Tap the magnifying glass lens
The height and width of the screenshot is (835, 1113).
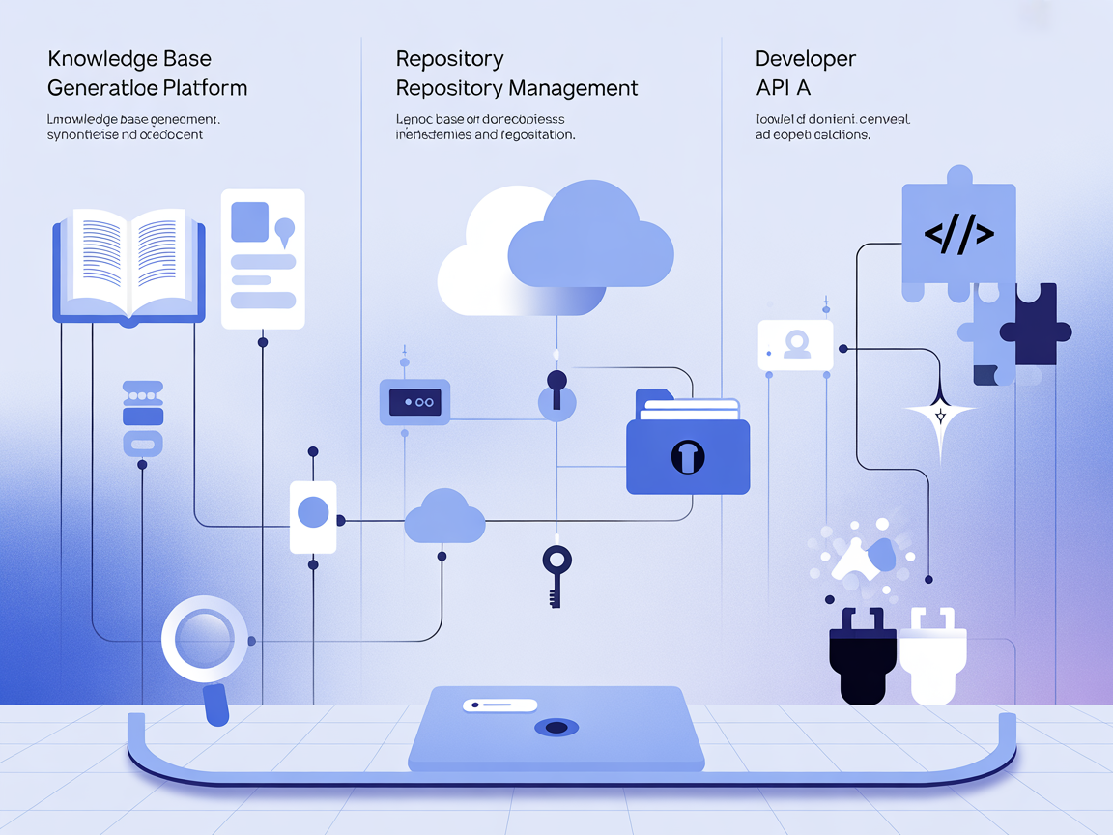204,640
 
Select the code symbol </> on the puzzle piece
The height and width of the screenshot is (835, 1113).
958,233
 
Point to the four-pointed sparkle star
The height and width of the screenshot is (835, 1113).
939,416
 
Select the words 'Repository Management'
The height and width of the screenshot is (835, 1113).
517,88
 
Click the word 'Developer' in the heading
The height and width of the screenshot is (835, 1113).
806,59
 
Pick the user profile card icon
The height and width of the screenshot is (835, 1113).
795,344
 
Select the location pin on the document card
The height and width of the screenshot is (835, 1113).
284,230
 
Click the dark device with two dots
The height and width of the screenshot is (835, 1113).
414,402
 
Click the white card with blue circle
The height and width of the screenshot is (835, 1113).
313,516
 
